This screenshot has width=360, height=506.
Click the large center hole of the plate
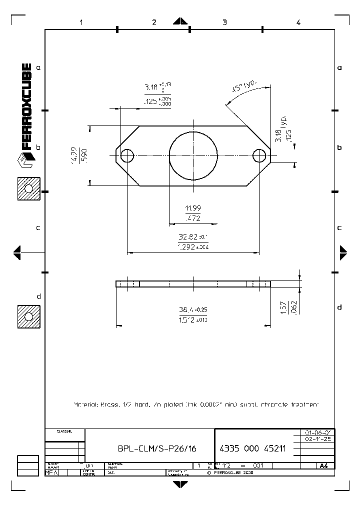tap(193, 155)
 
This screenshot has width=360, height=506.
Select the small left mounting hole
tap(127, 156)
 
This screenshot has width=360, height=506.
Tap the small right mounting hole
tap(259, 156)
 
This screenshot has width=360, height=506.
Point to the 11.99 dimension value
tap(193, 208)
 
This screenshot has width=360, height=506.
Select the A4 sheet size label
tap(323, 465)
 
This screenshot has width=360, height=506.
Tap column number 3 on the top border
tap(224, 22)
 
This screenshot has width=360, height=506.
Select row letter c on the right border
tap(339, 227)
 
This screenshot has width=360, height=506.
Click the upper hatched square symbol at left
tap(28, 188)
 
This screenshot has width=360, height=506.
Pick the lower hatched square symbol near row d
tap(28, 316)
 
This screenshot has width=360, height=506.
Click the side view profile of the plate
tap(193, 284)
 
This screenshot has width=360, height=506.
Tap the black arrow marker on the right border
tap(343, 252)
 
